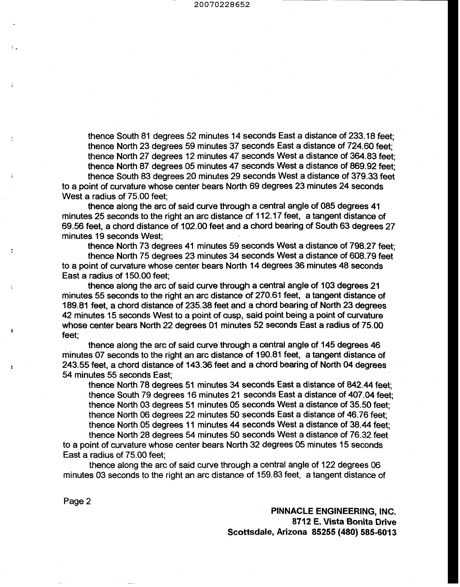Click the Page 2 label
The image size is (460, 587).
click(77, 501)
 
